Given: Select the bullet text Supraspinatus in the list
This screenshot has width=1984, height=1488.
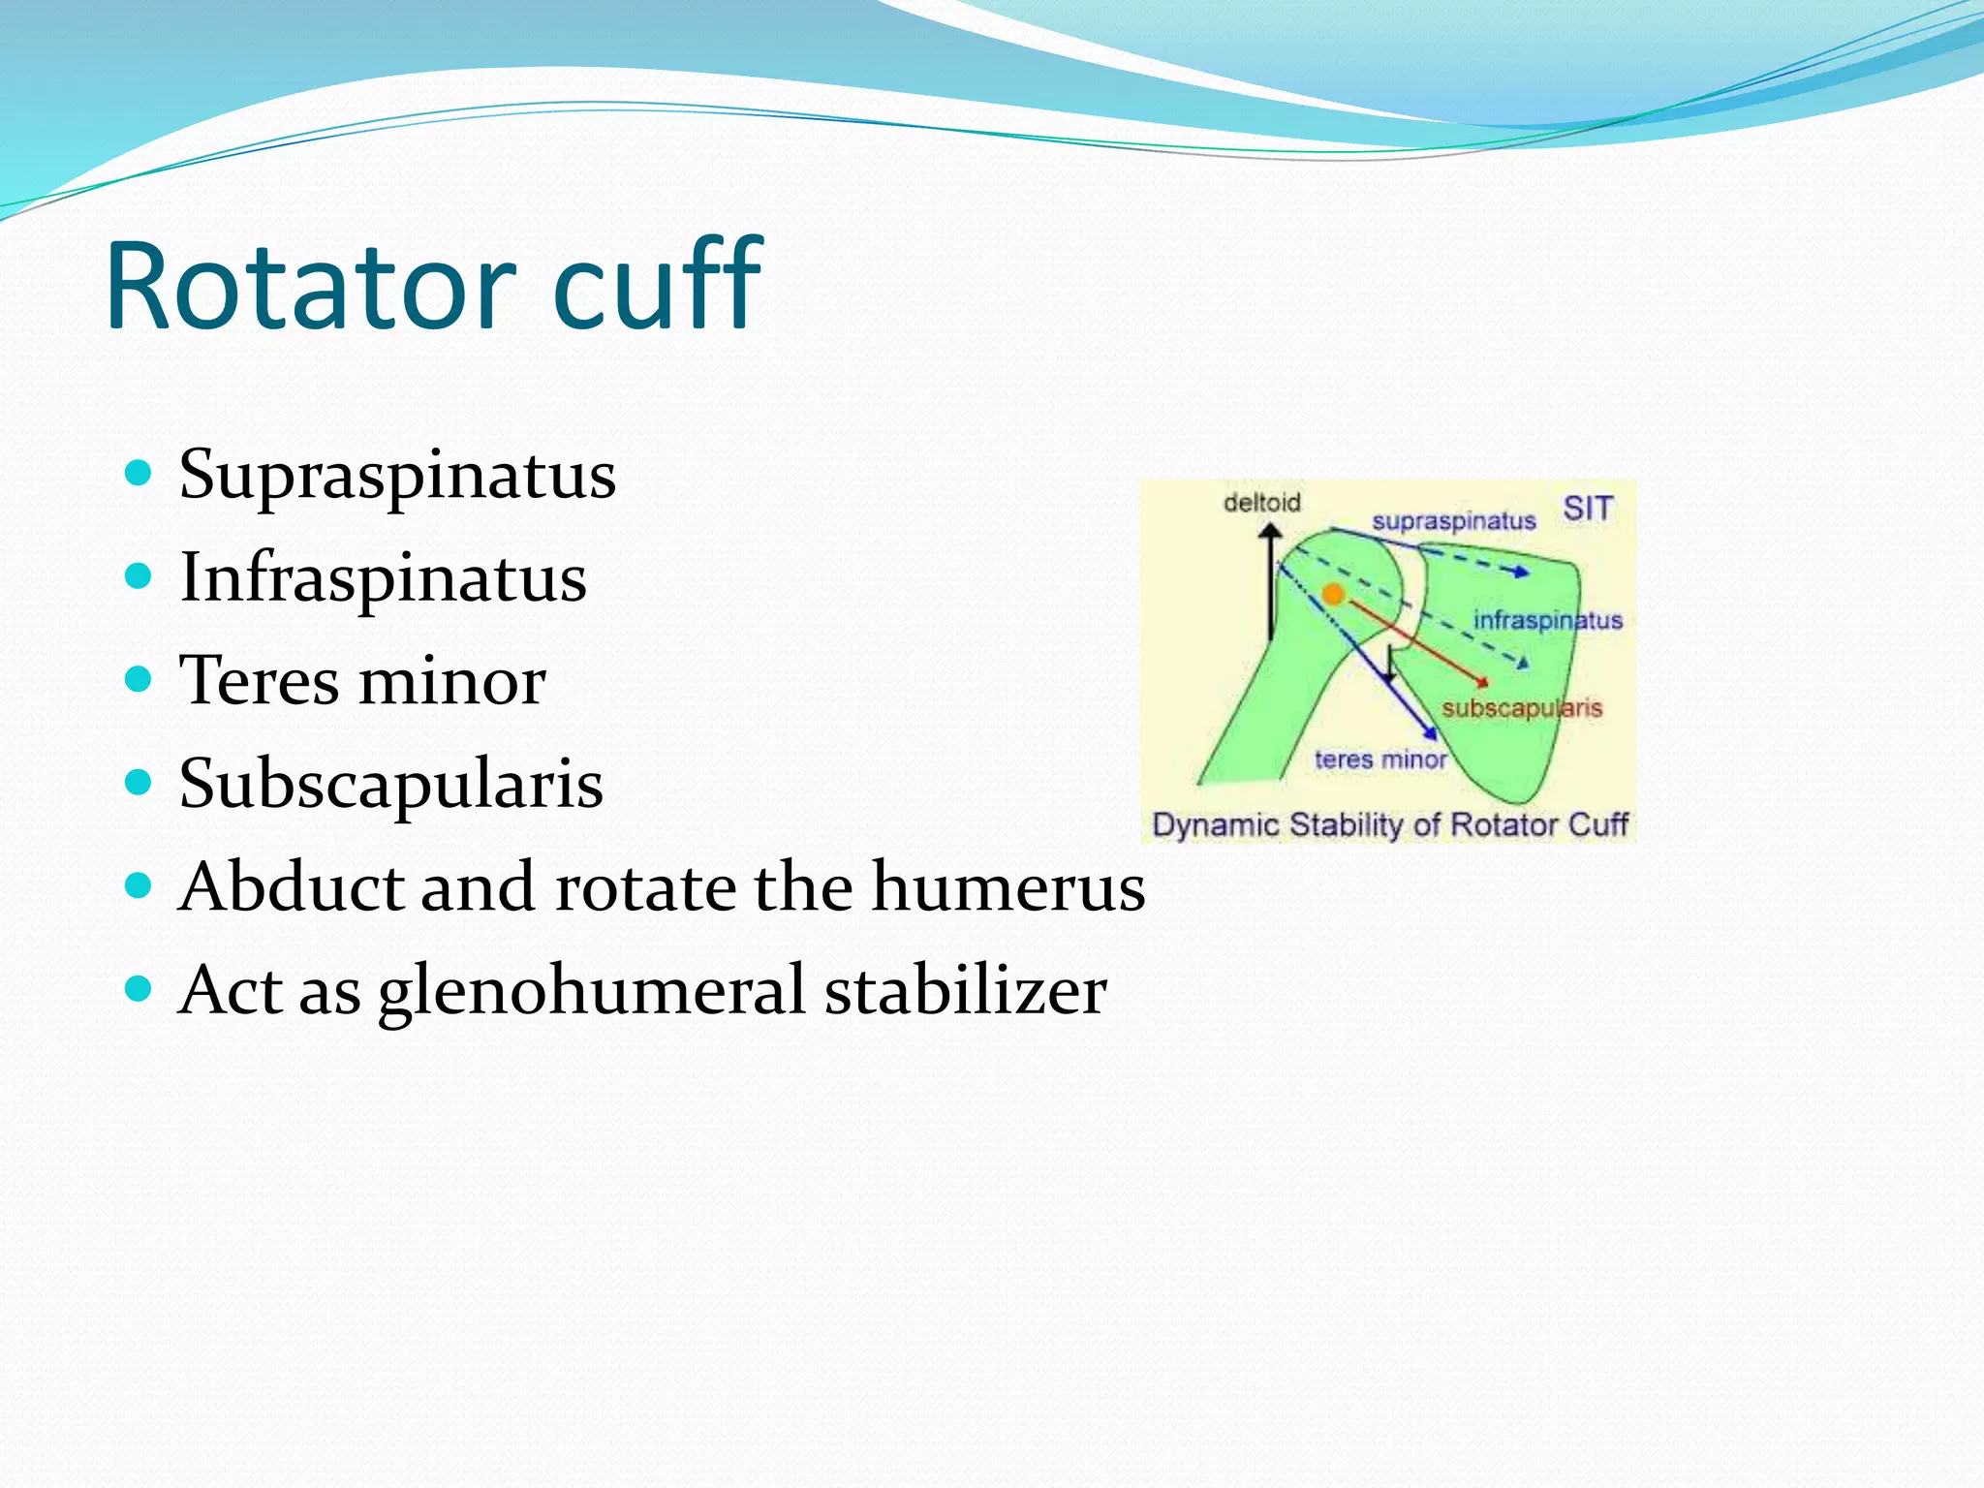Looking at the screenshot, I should click(x=397, y=476).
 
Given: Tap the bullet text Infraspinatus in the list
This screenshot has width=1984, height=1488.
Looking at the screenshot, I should click(x=383, y=578).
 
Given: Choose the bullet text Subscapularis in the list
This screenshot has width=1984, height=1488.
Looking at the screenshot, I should click(x=390, y=784).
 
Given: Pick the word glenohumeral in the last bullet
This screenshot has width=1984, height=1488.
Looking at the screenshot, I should click(x=591, y=992).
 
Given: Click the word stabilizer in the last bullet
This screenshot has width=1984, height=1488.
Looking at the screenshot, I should click(x=965, y=990).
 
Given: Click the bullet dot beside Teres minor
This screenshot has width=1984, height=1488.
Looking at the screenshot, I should click(x=139, y=679).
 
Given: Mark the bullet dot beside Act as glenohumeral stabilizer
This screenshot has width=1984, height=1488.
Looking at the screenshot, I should click(x=139, y=989).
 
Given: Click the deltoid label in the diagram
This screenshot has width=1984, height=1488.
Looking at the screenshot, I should click(x=1261, y=503).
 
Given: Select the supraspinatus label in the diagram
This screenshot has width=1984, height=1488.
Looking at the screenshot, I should click(x=1453, y=521).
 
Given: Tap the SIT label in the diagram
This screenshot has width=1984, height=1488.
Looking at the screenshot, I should click(x=1588, y=509).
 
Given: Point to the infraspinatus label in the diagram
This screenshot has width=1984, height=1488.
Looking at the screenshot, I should click(x=1547, y=620).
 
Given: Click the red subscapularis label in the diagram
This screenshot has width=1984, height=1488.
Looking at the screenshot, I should click(x=1521, y=708).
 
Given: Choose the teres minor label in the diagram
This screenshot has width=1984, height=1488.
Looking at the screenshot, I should click(x=1379, y=759).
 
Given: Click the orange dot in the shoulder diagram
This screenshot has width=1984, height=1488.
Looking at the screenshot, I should click(x=1334, y=594).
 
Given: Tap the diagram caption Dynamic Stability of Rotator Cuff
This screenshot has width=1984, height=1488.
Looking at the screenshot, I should click(x=1389, y=825).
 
